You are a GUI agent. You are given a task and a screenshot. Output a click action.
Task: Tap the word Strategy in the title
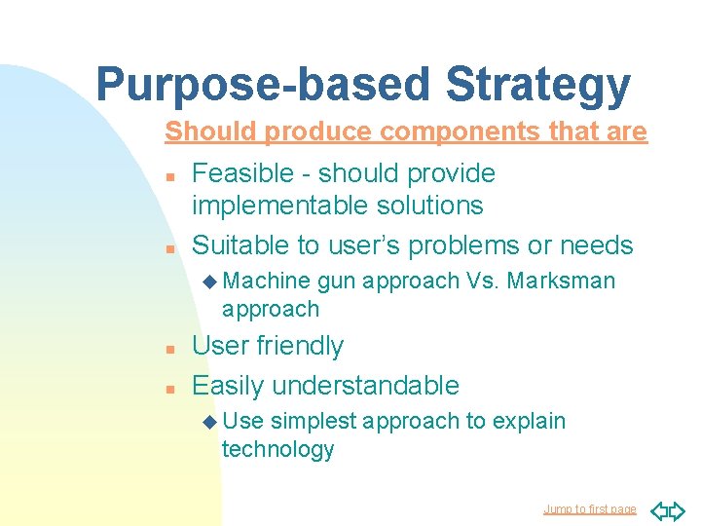537,85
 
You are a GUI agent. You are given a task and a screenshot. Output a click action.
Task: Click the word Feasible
242,173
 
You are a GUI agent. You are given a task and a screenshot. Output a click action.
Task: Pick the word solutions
434,206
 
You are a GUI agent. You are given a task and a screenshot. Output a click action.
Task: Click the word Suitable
244,245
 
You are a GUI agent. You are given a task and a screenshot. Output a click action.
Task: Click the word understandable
366,385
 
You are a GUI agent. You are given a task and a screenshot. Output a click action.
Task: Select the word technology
277,449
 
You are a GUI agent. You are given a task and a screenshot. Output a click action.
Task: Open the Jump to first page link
589,509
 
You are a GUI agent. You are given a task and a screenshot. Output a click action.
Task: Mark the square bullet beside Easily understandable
169,387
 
